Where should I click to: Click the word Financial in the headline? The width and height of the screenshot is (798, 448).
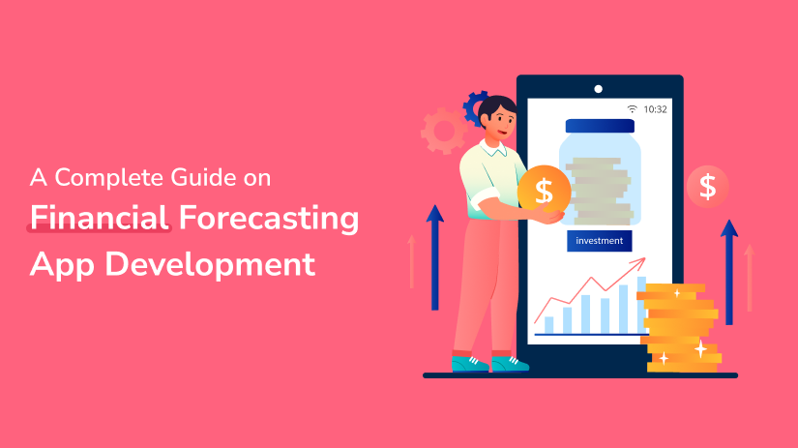pos(100,218)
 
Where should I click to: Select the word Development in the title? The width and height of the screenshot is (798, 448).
pos(210,264)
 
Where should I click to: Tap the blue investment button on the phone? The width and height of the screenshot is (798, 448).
pos(600,241)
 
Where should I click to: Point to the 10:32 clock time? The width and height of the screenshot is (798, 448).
pos(655,109)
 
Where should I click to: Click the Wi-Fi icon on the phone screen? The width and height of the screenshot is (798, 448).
pos(632,109)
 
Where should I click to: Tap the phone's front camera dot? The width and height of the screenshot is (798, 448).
pos(599,89)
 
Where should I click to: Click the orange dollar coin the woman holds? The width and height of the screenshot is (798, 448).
pos(544,190)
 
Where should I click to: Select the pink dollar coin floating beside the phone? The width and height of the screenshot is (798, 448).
pos(707,187)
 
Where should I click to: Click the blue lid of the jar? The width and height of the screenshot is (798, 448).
pos(600,126)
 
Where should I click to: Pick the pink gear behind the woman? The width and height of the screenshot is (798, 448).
pos(444,131)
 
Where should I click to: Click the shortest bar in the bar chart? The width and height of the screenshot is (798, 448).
pos(549,324)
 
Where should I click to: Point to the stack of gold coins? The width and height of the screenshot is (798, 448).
pos(679,327)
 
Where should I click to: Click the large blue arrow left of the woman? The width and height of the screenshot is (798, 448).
pos(434,257)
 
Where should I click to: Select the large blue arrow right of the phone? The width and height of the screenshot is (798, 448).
pos(729,272)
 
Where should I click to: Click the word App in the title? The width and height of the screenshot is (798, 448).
pos(62,265)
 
